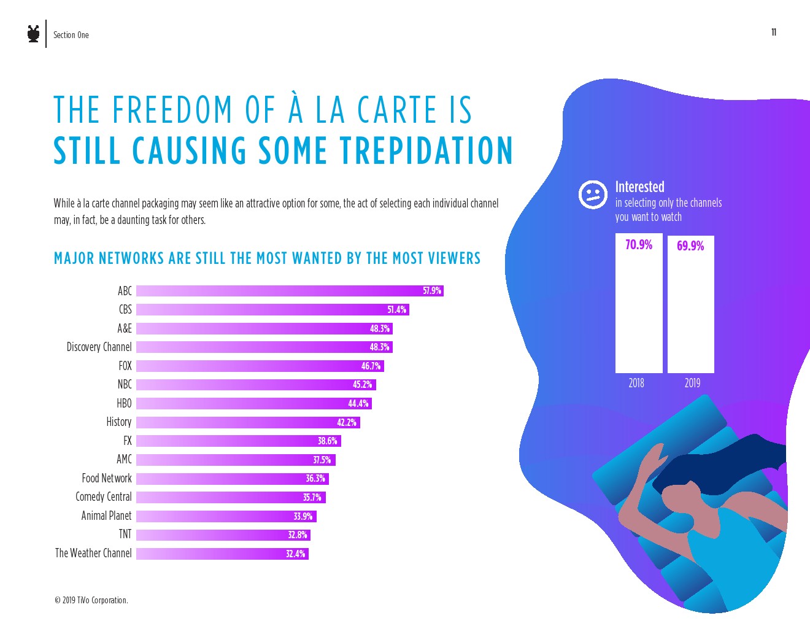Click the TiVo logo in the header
34,34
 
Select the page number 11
774,33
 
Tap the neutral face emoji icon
593,195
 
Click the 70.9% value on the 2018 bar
639,245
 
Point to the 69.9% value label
690,246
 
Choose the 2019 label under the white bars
692,383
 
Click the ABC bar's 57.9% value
432,291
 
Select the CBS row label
125,309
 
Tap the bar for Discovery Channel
264,347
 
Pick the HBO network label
124,403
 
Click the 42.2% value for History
347,422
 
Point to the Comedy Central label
104,497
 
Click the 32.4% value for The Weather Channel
295,554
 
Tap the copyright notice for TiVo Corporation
91,600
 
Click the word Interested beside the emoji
639,187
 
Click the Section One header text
71,35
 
